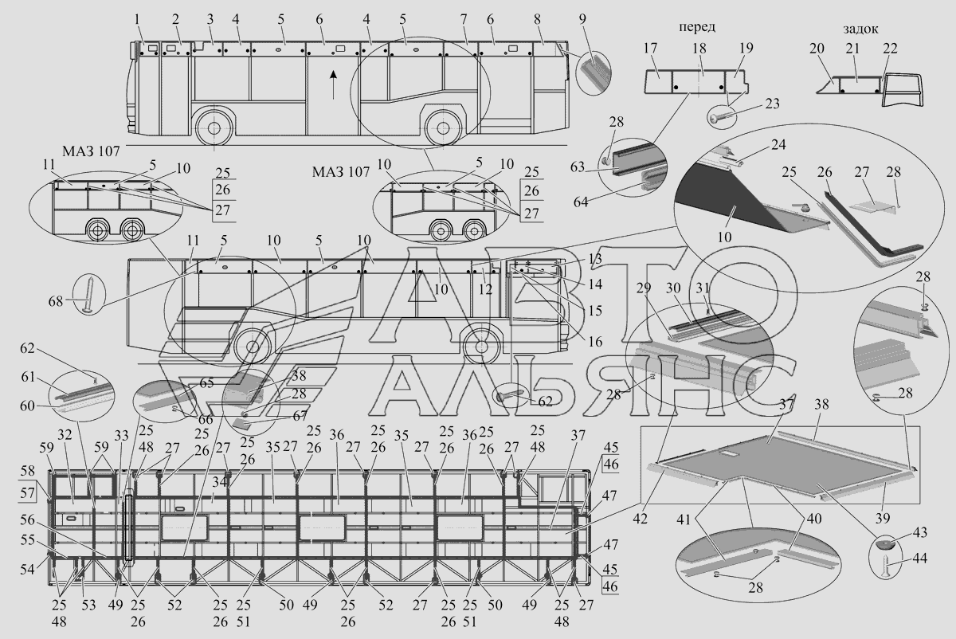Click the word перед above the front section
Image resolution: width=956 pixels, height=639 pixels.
[696, 26]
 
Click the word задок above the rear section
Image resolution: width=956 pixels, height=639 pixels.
[860, 29]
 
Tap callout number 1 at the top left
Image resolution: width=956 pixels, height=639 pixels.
[137, 18]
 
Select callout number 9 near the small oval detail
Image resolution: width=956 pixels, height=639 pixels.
[582, 18]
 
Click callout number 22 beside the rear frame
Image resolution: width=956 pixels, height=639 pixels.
[890, 49]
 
